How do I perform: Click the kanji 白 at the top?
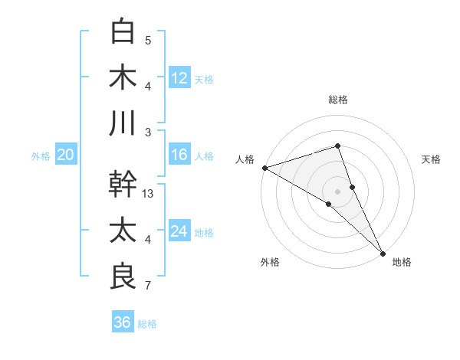123,31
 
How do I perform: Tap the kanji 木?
123,77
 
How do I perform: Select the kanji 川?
123,123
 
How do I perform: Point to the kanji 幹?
123,185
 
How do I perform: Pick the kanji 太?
123,231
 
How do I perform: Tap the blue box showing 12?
179,77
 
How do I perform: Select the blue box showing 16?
179,155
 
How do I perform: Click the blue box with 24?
179,231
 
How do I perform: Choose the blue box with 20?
65,155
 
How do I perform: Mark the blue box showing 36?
122,322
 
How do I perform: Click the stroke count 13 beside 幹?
149,195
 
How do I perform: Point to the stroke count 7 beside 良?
148,286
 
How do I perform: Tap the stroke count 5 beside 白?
148,41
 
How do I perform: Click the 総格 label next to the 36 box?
147,324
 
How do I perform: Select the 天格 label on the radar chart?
432,159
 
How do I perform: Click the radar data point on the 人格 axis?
264,167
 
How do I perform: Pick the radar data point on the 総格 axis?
337,146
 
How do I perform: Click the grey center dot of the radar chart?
337,191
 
